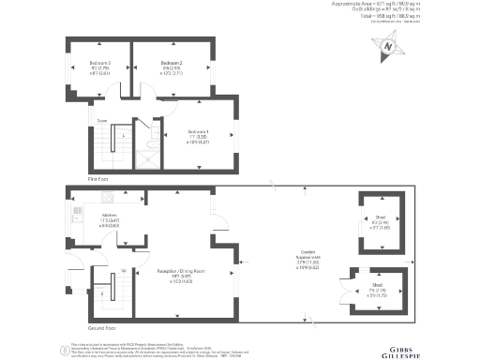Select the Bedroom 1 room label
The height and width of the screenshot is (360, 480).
click(x=198, y=131)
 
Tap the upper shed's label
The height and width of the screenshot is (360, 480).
click(x=380, y=216)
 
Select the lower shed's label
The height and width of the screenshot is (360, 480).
click(x=376, y=285)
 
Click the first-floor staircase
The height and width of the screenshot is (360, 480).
click(x=114, y=146)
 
